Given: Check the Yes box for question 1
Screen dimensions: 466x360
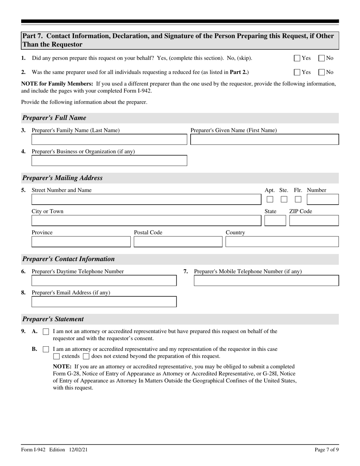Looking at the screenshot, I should click(x=297, y=58).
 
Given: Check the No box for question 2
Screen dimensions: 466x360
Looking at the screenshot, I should click(x=322, y=72).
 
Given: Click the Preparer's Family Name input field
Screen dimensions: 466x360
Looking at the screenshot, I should click(x=109, y=139).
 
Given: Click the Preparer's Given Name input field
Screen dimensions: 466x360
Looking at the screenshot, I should click(x=264, y=139).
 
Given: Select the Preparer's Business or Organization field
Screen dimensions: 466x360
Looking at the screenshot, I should click(x=109, y=161).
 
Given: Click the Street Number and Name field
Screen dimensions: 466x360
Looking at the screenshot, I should click(x=146, y=199).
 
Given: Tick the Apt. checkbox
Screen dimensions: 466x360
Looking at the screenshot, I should click(x=270, y=199).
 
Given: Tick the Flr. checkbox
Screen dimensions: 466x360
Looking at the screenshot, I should click(x=298, y=199).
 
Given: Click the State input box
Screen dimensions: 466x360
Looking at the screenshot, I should click(x=275, y=220).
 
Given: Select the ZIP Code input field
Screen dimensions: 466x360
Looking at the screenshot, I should click(x=314, y=220).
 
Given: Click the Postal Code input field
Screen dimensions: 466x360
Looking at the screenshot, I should click(x=178, y=242).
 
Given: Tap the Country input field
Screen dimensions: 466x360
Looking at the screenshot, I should click(x=282, y=242).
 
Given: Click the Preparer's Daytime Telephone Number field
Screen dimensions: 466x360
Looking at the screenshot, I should click(x=104, y=281).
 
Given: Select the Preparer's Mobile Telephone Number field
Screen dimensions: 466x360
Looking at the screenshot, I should click(x=266, y=281).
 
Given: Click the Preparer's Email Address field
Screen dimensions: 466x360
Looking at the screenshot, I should click(x=104, y=302).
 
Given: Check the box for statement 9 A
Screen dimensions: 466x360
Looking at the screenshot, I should click(x=46, y=332).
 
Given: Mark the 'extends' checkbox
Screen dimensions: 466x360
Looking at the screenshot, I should click(x=56, y=357).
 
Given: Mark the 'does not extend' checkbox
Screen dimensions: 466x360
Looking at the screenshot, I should click(x=86, y=357).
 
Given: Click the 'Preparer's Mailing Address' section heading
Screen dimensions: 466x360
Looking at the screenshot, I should click(x=63, y=178).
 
